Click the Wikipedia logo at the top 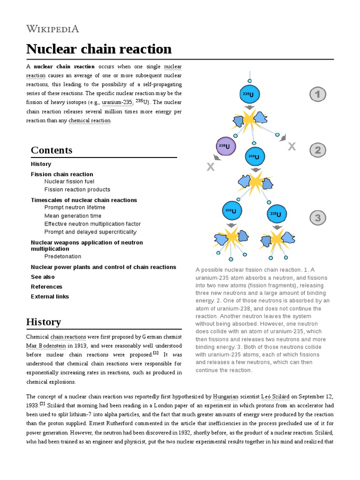coord(52,29)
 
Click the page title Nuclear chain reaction coord(99,49)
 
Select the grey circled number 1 coord(317,95)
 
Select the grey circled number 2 coord(317,150)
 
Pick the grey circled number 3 coord(317,217)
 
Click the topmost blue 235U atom coord(249,95)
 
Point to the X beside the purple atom coord(210,167)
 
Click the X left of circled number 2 coord(292,147)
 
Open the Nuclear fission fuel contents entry coord(69,181)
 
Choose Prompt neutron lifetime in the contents coord(75,207)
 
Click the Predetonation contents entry coord(62,256)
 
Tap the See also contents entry coord(43,277)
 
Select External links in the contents coord(50,296)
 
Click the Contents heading coord(52,150)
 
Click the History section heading coord(44,322)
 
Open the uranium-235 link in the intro coord(117,102)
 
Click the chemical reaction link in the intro coord(90,120)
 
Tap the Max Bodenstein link coord(46,345)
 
